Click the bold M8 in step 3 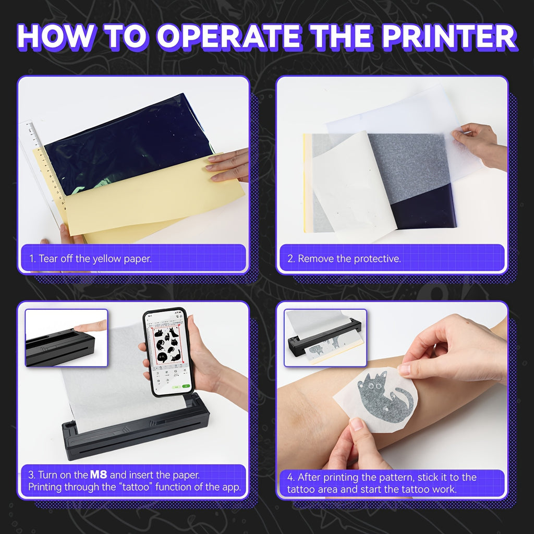coord(99,475)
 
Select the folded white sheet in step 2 coord(354,186)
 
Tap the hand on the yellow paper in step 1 coord(227,165)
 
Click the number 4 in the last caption coord(290,477)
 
